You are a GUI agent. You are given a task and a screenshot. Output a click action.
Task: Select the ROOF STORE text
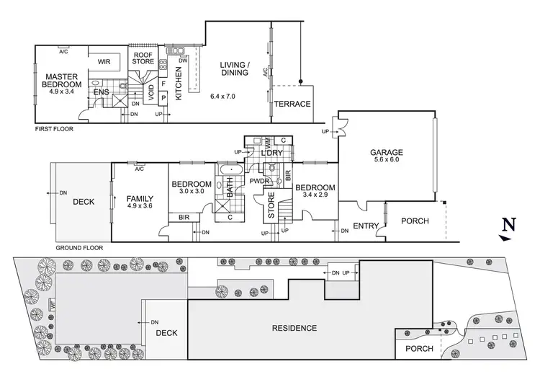[x=143, y=57]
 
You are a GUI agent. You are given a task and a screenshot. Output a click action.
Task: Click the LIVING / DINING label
[x=235, y=68]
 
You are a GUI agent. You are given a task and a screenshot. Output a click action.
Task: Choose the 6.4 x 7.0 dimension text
[x=223, y=96]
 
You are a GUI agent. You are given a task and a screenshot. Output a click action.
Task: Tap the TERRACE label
[x=292, y=104]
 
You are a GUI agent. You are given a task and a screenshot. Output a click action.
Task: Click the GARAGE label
[x=387, y=153]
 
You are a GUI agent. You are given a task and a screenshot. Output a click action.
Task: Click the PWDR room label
[x=259, y=181]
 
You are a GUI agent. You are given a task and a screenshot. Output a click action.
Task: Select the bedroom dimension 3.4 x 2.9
[x=315, y=194]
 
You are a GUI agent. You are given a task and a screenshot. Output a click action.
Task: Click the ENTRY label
[x=366, y=226]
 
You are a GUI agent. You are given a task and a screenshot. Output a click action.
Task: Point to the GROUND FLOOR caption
[x=79, y=247]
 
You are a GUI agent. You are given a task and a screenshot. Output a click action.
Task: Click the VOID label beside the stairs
[x=150, y=92]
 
